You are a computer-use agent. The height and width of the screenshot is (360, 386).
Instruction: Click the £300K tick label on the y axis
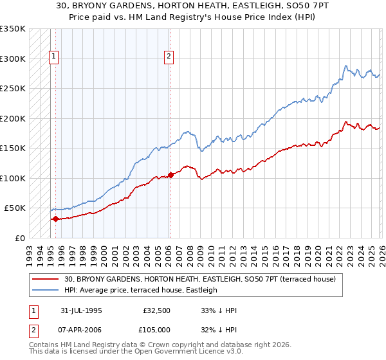point(12,59)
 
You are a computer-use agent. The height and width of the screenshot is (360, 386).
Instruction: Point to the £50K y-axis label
point(15,208)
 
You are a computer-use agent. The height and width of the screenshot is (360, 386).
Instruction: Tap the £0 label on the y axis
point(20,238)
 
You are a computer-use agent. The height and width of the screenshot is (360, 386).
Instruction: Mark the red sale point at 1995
point(55,219)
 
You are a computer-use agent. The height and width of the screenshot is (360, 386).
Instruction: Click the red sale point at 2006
point(170,174)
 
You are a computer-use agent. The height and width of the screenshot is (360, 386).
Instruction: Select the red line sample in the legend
point(46,279)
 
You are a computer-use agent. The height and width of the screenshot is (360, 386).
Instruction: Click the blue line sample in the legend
point(46,290)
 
